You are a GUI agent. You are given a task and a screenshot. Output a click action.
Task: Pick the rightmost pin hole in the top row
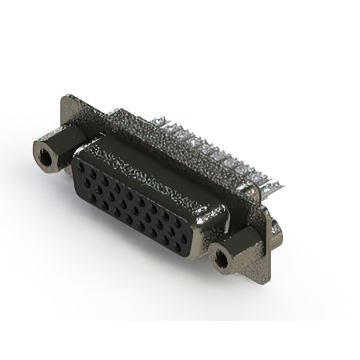tap(179, 223)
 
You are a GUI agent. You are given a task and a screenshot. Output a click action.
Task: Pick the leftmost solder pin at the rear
tap(160, 120)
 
